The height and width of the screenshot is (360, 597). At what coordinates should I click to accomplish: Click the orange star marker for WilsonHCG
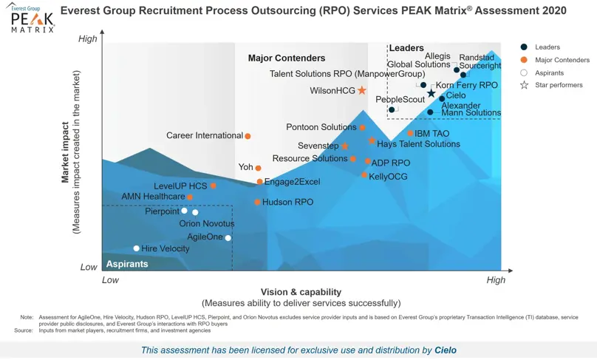pos(362,91)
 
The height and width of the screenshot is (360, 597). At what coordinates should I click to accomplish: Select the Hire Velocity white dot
pos(136,248)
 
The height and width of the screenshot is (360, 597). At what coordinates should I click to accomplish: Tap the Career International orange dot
pos(248,136)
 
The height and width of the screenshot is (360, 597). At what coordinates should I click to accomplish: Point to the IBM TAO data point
pos(410,134)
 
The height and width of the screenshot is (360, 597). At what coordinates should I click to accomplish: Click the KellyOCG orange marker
pos(364,175)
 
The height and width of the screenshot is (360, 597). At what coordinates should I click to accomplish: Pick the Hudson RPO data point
pos(257,202)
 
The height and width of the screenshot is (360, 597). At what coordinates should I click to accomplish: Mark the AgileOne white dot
pos(228,237)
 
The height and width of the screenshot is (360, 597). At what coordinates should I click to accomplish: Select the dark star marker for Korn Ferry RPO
pos(431,93)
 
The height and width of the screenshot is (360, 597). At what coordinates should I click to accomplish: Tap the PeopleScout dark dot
pos(392,109)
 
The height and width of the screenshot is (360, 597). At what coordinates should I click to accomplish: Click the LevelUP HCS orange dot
pos(214,186)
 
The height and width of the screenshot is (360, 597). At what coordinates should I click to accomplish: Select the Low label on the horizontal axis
pos(110,280)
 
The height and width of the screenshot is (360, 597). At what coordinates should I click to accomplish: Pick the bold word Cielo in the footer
pos(446,350)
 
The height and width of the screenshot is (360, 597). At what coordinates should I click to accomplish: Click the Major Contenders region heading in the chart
pos(287,58)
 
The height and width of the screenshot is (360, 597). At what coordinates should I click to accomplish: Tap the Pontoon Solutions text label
pos(321,127)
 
